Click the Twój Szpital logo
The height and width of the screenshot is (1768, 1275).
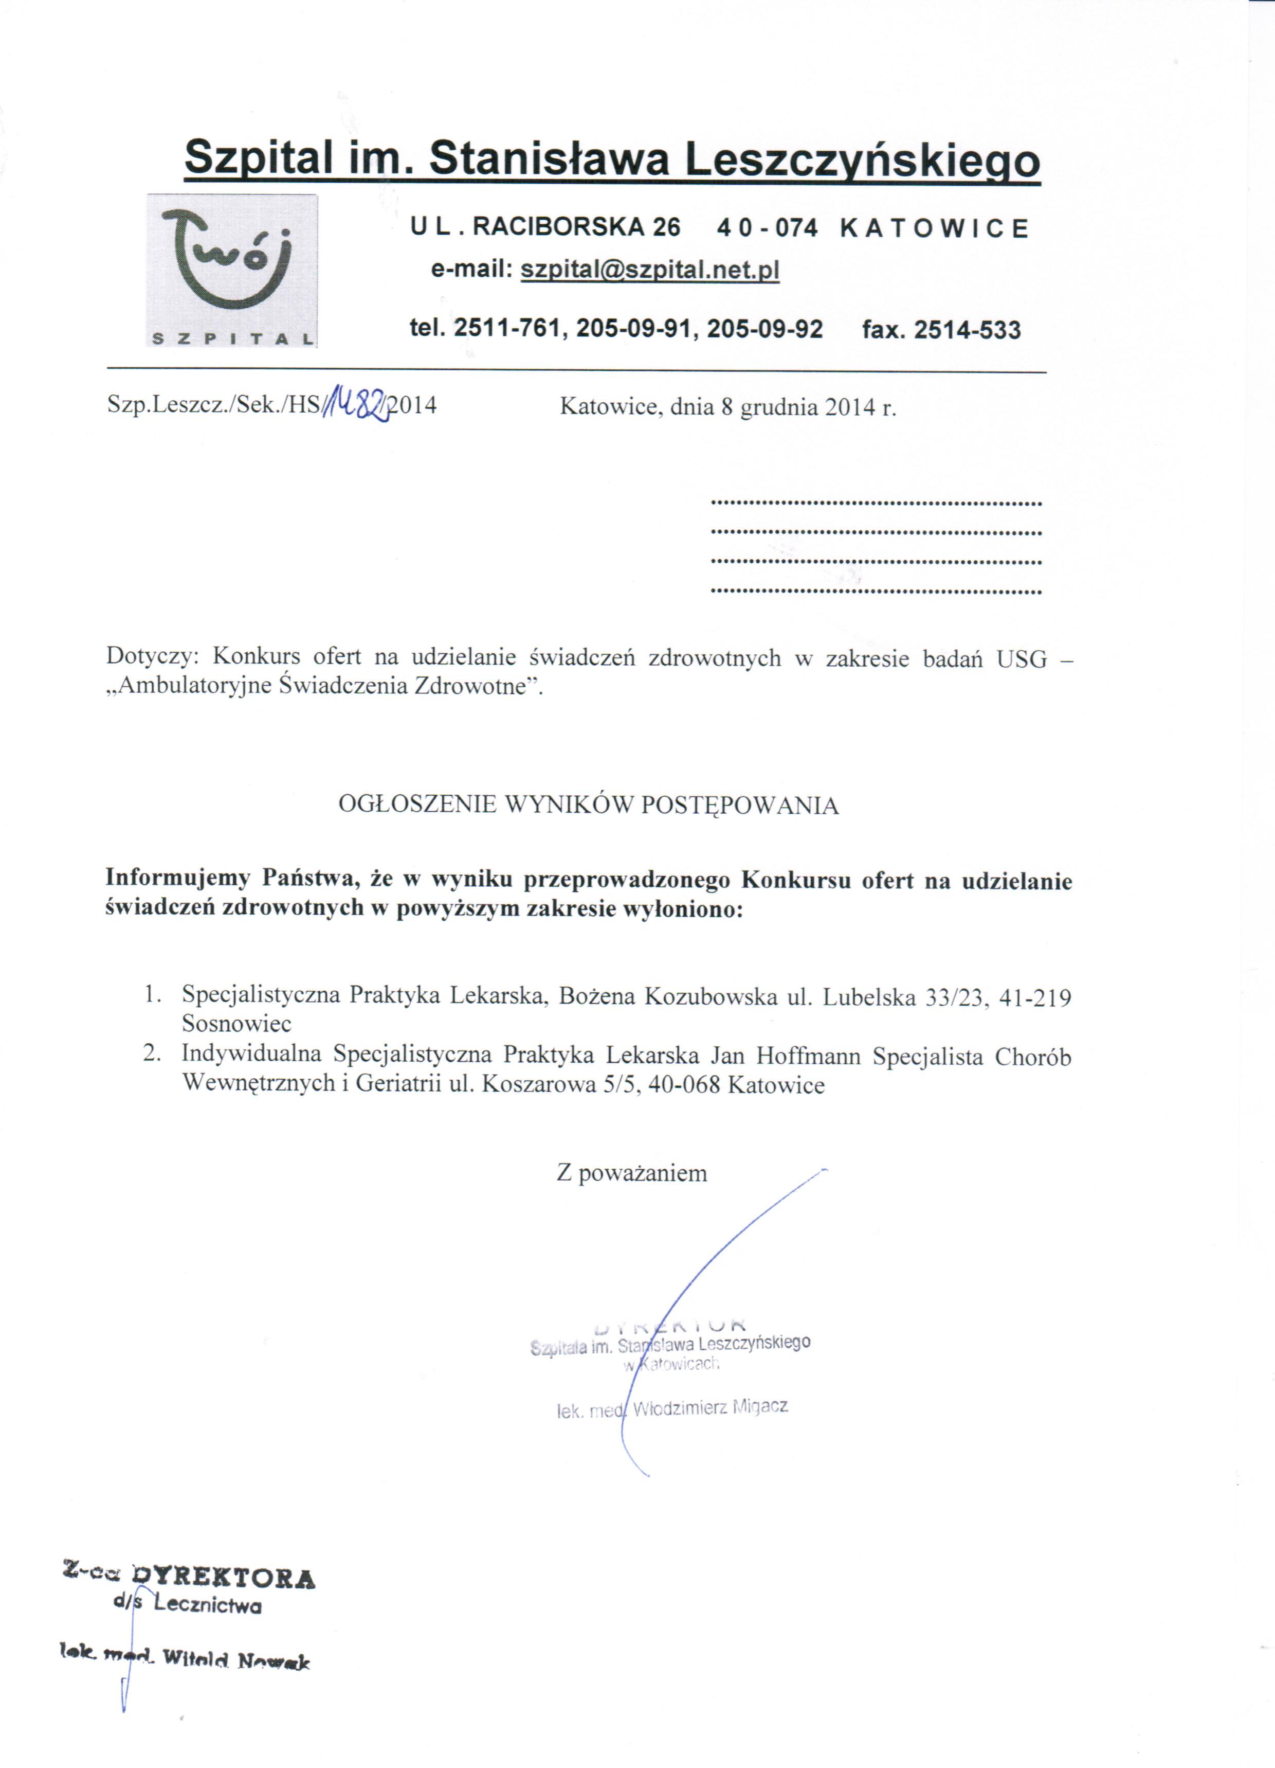click(x=231, y=269)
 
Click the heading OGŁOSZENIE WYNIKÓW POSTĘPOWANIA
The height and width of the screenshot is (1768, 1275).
click(x=588, y=805)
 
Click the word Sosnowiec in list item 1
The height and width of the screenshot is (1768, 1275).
click(x=237, y=1023)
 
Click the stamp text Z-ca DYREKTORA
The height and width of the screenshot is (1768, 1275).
click(x=189, y=1579)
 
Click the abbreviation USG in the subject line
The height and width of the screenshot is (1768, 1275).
click(x=1021, y=659)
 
